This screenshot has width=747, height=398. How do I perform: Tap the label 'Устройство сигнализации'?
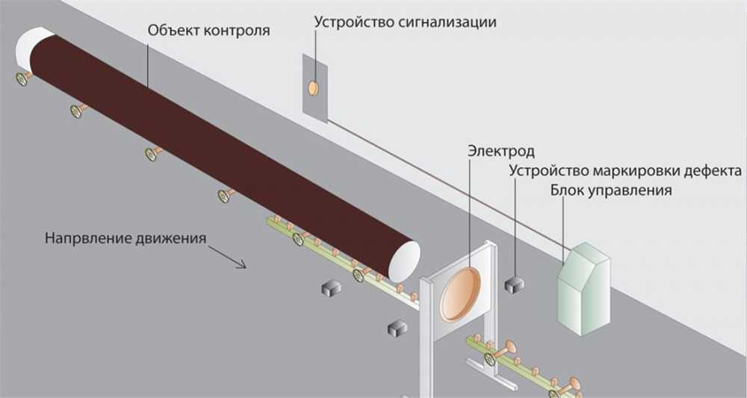pyautogui.click(x=405, y=21)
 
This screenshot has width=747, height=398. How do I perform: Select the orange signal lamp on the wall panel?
pyautogui.click(x=314, y=88)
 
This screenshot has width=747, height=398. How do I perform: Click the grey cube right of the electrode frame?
pyautogui.click(x=514, y=284)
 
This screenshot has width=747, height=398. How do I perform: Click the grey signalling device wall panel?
pyautogui.click(x=314, y=87)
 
